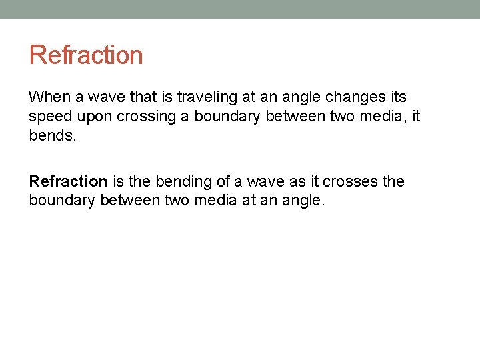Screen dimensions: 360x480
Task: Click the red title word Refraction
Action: [x=86, y=55]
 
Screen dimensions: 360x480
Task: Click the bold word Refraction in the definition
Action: [x=68, y=181]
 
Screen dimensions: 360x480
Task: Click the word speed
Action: [x=51, y=117]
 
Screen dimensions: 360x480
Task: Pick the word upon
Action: [x=98, y=117]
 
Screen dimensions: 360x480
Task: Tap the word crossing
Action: [x=147, y=117]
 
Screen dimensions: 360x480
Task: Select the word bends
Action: [x=51, y=135]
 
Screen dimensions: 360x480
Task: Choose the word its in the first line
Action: [x=395, y=97]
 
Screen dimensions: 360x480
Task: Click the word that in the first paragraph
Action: [x=142, y=97]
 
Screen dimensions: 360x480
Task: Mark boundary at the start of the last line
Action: [x=62, y=200]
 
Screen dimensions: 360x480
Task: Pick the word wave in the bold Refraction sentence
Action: [x=253, y=181]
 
